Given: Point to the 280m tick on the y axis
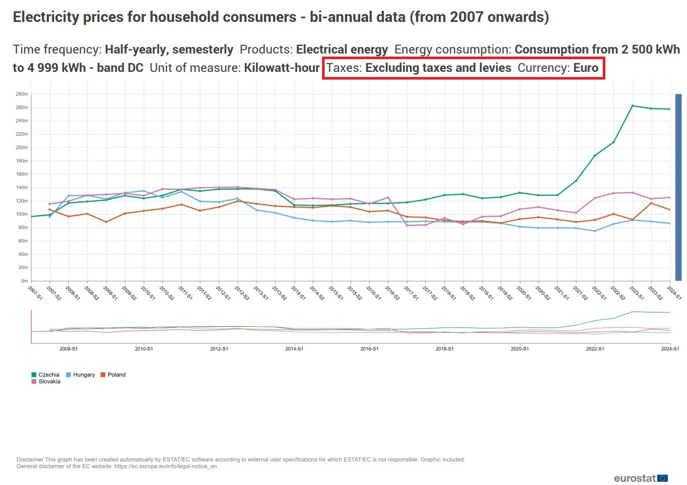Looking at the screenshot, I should [x=22, y=94].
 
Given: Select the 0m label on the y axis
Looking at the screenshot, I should [x=24, y=281].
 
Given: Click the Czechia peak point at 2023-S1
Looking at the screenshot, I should [x=632, y=106].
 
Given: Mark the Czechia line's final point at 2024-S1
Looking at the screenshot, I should [x=670, y=109].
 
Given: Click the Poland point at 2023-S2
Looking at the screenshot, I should [x=651, y=203].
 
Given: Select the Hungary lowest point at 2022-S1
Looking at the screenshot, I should [x=595, y=231].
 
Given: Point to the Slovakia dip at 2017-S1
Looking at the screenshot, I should [x=407, y=225].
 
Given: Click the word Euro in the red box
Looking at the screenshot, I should [x=585, y=68].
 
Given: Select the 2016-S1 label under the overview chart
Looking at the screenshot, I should [x=369, y=349].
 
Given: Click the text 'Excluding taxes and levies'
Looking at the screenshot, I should [x=438, y=68].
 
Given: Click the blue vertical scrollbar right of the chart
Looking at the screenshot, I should [x=678, y=187].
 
